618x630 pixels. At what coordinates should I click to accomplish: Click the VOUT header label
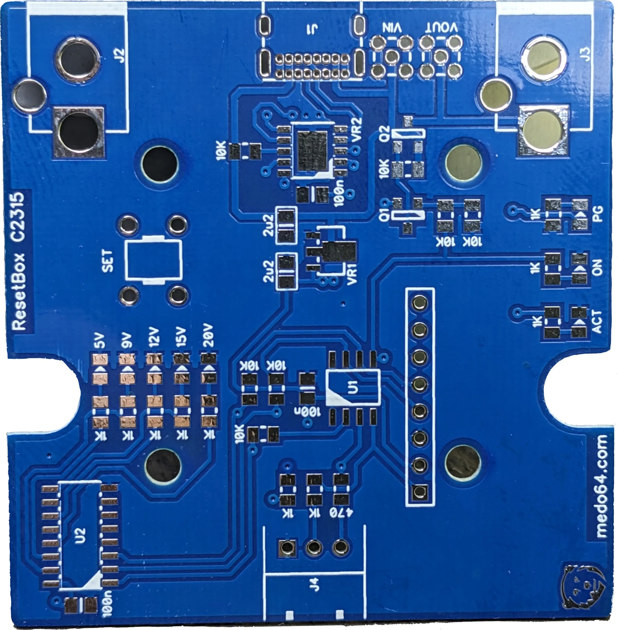(x=442, y=28)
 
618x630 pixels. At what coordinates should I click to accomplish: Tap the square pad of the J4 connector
(x=287, y=548)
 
